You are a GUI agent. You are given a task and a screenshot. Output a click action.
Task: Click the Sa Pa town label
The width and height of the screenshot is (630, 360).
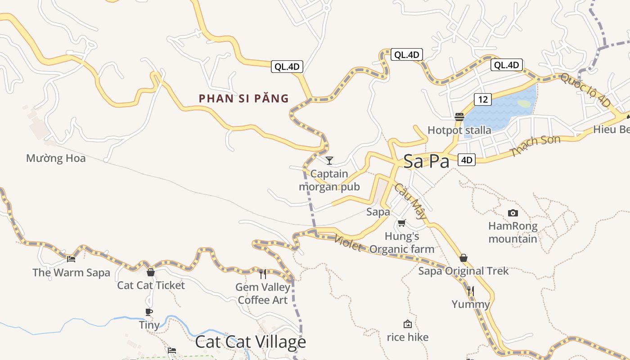pos(426,161)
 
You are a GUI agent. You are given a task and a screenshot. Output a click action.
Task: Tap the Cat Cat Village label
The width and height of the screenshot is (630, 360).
pos(251,342)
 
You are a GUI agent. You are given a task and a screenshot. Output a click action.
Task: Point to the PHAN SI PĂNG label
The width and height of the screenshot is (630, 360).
pos(244,99)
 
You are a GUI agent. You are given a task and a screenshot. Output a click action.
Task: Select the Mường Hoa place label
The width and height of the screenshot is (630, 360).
pos(56,158)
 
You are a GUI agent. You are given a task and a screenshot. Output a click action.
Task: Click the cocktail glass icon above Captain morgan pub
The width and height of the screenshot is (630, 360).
pos(329,160)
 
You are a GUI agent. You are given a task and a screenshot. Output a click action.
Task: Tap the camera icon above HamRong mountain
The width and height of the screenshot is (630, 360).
pos(513,213)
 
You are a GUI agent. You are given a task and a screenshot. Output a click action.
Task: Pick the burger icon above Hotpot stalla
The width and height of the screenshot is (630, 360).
pos(459,117)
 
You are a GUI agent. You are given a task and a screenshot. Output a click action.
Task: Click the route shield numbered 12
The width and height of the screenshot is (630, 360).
pos(482,99)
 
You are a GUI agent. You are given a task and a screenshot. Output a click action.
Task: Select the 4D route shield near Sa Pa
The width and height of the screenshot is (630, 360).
pos(467,159)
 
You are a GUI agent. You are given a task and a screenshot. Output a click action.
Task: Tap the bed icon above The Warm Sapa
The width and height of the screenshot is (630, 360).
pos(71,259)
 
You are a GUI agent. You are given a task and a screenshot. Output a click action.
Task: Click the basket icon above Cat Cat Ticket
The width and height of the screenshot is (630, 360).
pos(151,272)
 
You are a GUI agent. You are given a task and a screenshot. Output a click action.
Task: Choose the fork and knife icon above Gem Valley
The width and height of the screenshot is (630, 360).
pos(263,273)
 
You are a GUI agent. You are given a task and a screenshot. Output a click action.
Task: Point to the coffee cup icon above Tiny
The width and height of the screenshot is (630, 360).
pos(149,312)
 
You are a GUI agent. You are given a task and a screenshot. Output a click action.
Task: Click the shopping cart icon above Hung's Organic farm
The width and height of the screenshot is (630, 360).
pos(402,223)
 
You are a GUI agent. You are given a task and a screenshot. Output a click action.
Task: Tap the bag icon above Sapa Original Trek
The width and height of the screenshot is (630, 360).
pos(463,258)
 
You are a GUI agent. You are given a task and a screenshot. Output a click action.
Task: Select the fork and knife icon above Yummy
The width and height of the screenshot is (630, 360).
pos(471,291)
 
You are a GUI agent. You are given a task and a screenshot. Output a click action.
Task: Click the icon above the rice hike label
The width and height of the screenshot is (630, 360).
pos(408,324)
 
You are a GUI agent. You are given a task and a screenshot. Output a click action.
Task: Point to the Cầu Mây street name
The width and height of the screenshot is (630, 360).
pos(410,201)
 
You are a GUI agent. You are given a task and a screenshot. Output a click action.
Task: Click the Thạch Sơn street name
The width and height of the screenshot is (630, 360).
pos(535,146)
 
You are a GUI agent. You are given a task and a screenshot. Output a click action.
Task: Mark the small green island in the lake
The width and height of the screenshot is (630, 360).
pos(524,104)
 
